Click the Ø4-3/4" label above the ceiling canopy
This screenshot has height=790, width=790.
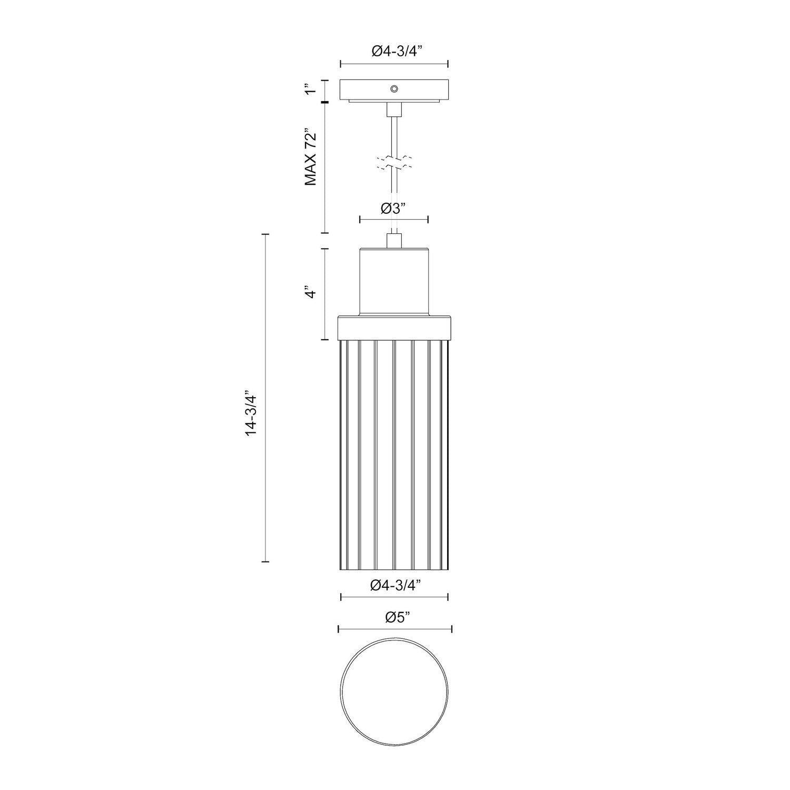[394, 51]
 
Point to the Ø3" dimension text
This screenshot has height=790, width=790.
[394, 209]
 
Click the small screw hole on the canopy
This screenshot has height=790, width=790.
[394, 88]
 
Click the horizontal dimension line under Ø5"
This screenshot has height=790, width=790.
[395, 629]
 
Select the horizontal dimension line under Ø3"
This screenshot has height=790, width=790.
[394, 219]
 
